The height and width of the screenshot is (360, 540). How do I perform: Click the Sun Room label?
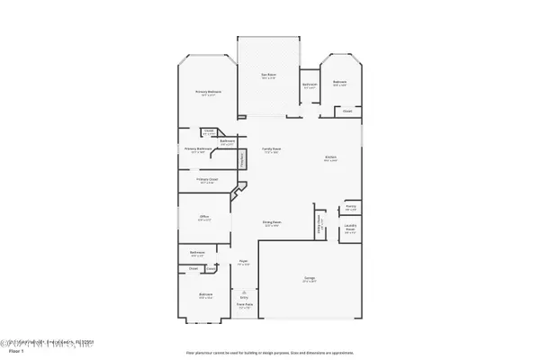[x=269, y=74]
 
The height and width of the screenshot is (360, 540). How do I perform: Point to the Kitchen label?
[x=330, y=158]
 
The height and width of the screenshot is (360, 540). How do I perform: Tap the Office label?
[x=204, y=217]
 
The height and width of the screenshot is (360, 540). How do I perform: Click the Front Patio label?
[x=244, y=306]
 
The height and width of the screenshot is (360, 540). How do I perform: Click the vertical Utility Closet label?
[x=319, y=222]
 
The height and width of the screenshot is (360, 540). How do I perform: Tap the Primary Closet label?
[x=206, y=179]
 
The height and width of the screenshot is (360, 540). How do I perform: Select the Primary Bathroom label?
[x=198, y=149]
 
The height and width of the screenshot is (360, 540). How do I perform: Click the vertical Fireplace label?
[x=241, y=159]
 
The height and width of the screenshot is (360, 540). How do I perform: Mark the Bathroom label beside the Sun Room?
[x=310, y=85]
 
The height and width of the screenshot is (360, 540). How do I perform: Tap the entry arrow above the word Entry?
[x=244, y=292]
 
